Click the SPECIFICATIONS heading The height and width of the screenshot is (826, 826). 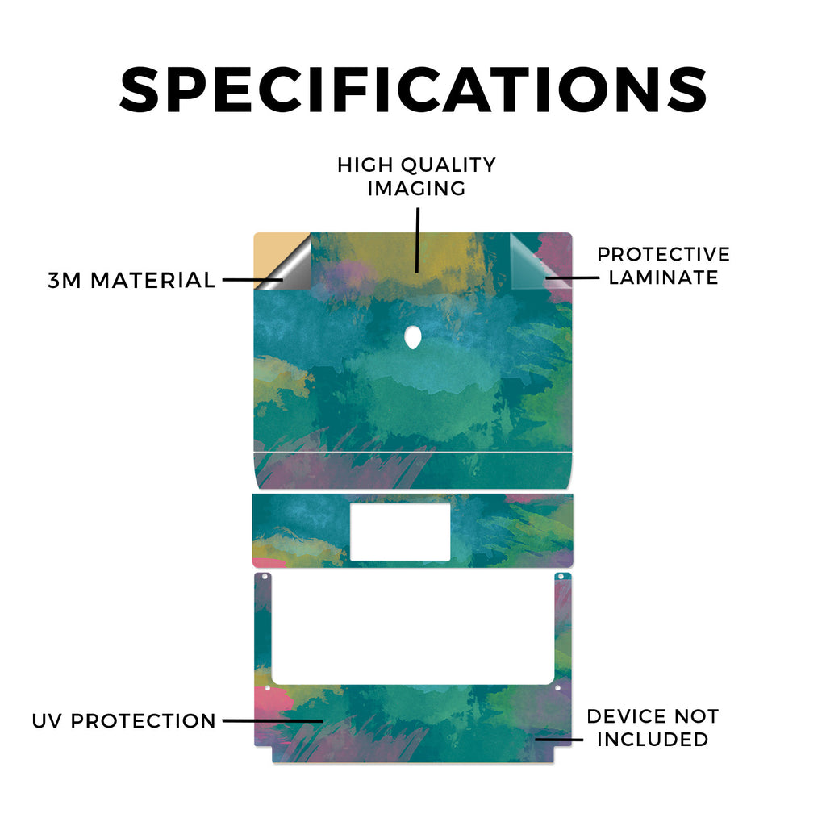coord(413,90)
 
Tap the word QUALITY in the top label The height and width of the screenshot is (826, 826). coord(448,165)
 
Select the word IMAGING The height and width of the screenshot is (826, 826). coord(416,189)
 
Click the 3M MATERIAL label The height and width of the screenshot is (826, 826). coord(131,280)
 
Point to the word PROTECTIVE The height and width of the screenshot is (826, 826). coord(663,254)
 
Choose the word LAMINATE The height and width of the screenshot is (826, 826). coord(663,277)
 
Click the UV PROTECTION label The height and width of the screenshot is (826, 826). coord(123,721)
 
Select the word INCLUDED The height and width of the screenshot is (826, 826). coord(653,740)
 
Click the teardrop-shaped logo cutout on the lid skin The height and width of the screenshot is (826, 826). coord(412,337)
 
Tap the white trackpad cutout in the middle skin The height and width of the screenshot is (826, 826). coord(400,532)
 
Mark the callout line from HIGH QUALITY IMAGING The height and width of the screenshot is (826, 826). coord(417,240)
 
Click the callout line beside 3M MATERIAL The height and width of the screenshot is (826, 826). coord(252,280)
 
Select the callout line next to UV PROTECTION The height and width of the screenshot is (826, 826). coord(273,720)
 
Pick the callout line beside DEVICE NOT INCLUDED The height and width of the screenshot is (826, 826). coord(559,740)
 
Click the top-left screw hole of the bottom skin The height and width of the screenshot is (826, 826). coord(265,577)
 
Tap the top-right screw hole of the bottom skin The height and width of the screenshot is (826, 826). coord(561,577)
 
